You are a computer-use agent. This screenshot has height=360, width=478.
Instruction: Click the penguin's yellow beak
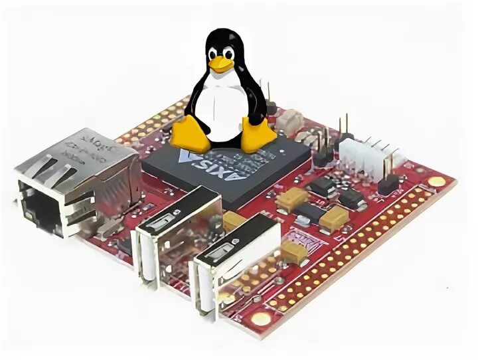[x=221, y=64]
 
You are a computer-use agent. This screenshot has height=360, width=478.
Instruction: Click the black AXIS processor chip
[x=226, y=166]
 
